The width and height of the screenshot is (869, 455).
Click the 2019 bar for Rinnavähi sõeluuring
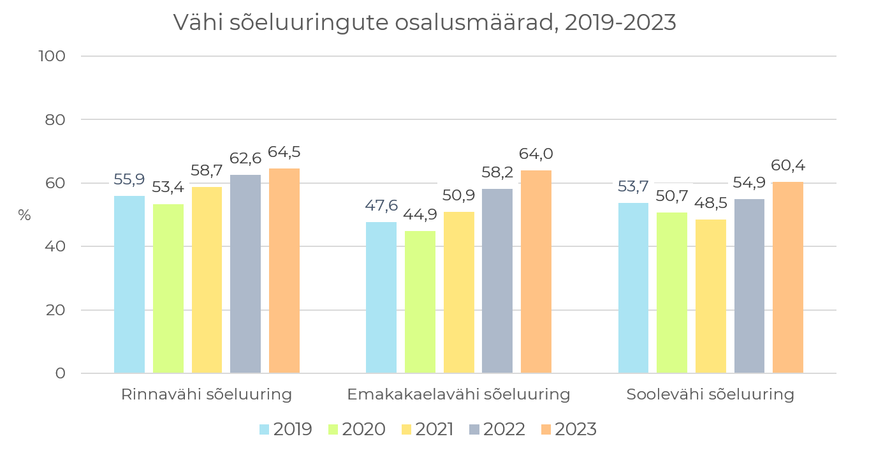tap(129, 285)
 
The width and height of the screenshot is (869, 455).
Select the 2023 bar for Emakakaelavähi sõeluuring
tap(536, 272)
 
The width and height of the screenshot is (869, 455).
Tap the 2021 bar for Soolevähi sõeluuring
tap(710, 297)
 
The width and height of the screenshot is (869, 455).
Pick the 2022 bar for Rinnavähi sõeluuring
tap(245, 274)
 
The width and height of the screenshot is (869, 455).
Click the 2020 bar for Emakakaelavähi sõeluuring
tap(420, 302)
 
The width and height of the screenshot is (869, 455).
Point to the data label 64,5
tap(284, 153)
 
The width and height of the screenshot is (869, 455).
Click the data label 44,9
tap(420, 214)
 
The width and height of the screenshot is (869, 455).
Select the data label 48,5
tap(710, 203)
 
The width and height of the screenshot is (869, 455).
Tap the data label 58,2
tap(497, 172)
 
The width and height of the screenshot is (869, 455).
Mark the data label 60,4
tap(788, 166)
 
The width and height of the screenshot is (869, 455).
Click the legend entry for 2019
tap(286, 429)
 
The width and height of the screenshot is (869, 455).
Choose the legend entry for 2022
tap(497, 429)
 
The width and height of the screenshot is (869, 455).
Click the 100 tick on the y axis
tap(52, 56)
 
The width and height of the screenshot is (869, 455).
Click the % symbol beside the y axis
tap(24, 216)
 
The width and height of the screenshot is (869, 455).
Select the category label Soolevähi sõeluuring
tap(710, 394)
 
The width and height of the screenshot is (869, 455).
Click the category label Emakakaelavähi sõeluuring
tap(458, 394)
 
